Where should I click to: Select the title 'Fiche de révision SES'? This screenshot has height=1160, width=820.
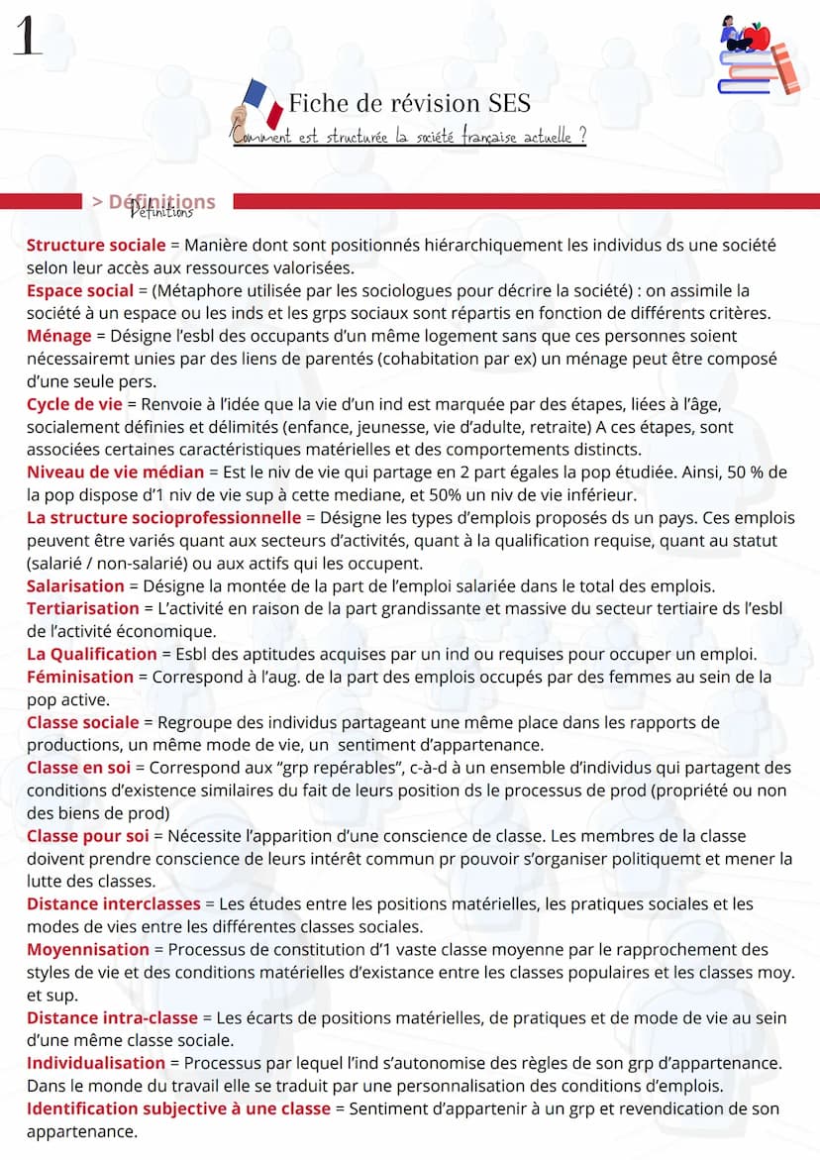pos(409,103)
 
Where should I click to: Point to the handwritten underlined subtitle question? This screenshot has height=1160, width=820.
pos(409,137)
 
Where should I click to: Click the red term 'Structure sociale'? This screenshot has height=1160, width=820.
pos(96,245)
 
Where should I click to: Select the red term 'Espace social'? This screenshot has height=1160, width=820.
pos(80,290)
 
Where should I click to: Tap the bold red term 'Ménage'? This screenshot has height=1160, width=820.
pos(59,336)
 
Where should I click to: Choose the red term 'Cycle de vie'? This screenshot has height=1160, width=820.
pos(74,404)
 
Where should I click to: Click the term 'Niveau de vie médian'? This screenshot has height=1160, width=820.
pos(115,473)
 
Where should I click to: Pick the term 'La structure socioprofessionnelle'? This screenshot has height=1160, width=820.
pos(163,518)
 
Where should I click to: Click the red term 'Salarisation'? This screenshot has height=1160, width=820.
pos(76,586)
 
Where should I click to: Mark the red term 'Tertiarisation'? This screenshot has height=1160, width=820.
pos(83,608)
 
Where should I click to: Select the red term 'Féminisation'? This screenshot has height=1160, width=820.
pos(80,677)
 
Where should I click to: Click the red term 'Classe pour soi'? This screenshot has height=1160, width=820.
pos(87,836)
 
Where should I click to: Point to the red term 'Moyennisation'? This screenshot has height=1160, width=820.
pos(88,950)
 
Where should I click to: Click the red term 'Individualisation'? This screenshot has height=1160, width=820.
pos(96,1063)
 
